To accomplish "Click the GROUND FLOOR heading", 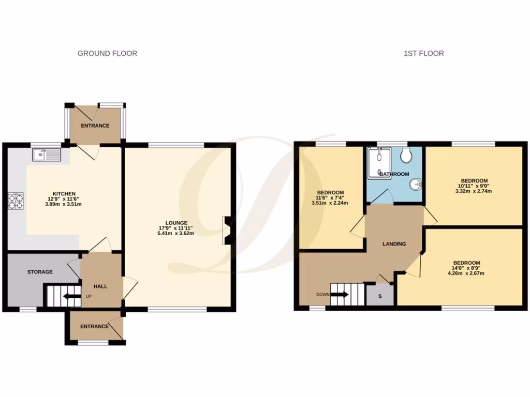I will tap(107, 53).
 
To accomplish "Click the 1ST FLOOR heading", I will tap(423, 53).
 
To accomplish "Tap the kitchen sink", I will tap(46, 155).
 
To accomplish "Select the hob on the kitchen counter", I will tap(16, 201).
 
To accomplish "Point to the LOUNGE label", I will tap(177, 223).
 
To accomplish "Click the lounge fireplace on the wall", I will tap(226, 230).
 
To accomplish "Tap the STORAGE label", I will tap(40, 272).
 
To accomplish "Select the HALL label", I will tap(100, 286).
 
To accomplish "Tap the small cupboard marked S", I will tap(380, 296).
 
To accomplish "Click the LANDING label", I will tap(394, 244).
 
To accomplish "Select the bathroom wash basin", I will tap(416, 185).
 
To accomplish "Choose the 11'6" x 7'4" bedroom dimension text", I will tap(330, 197).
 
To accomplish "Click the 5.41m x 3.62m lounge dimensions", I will tap(177, 233).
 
